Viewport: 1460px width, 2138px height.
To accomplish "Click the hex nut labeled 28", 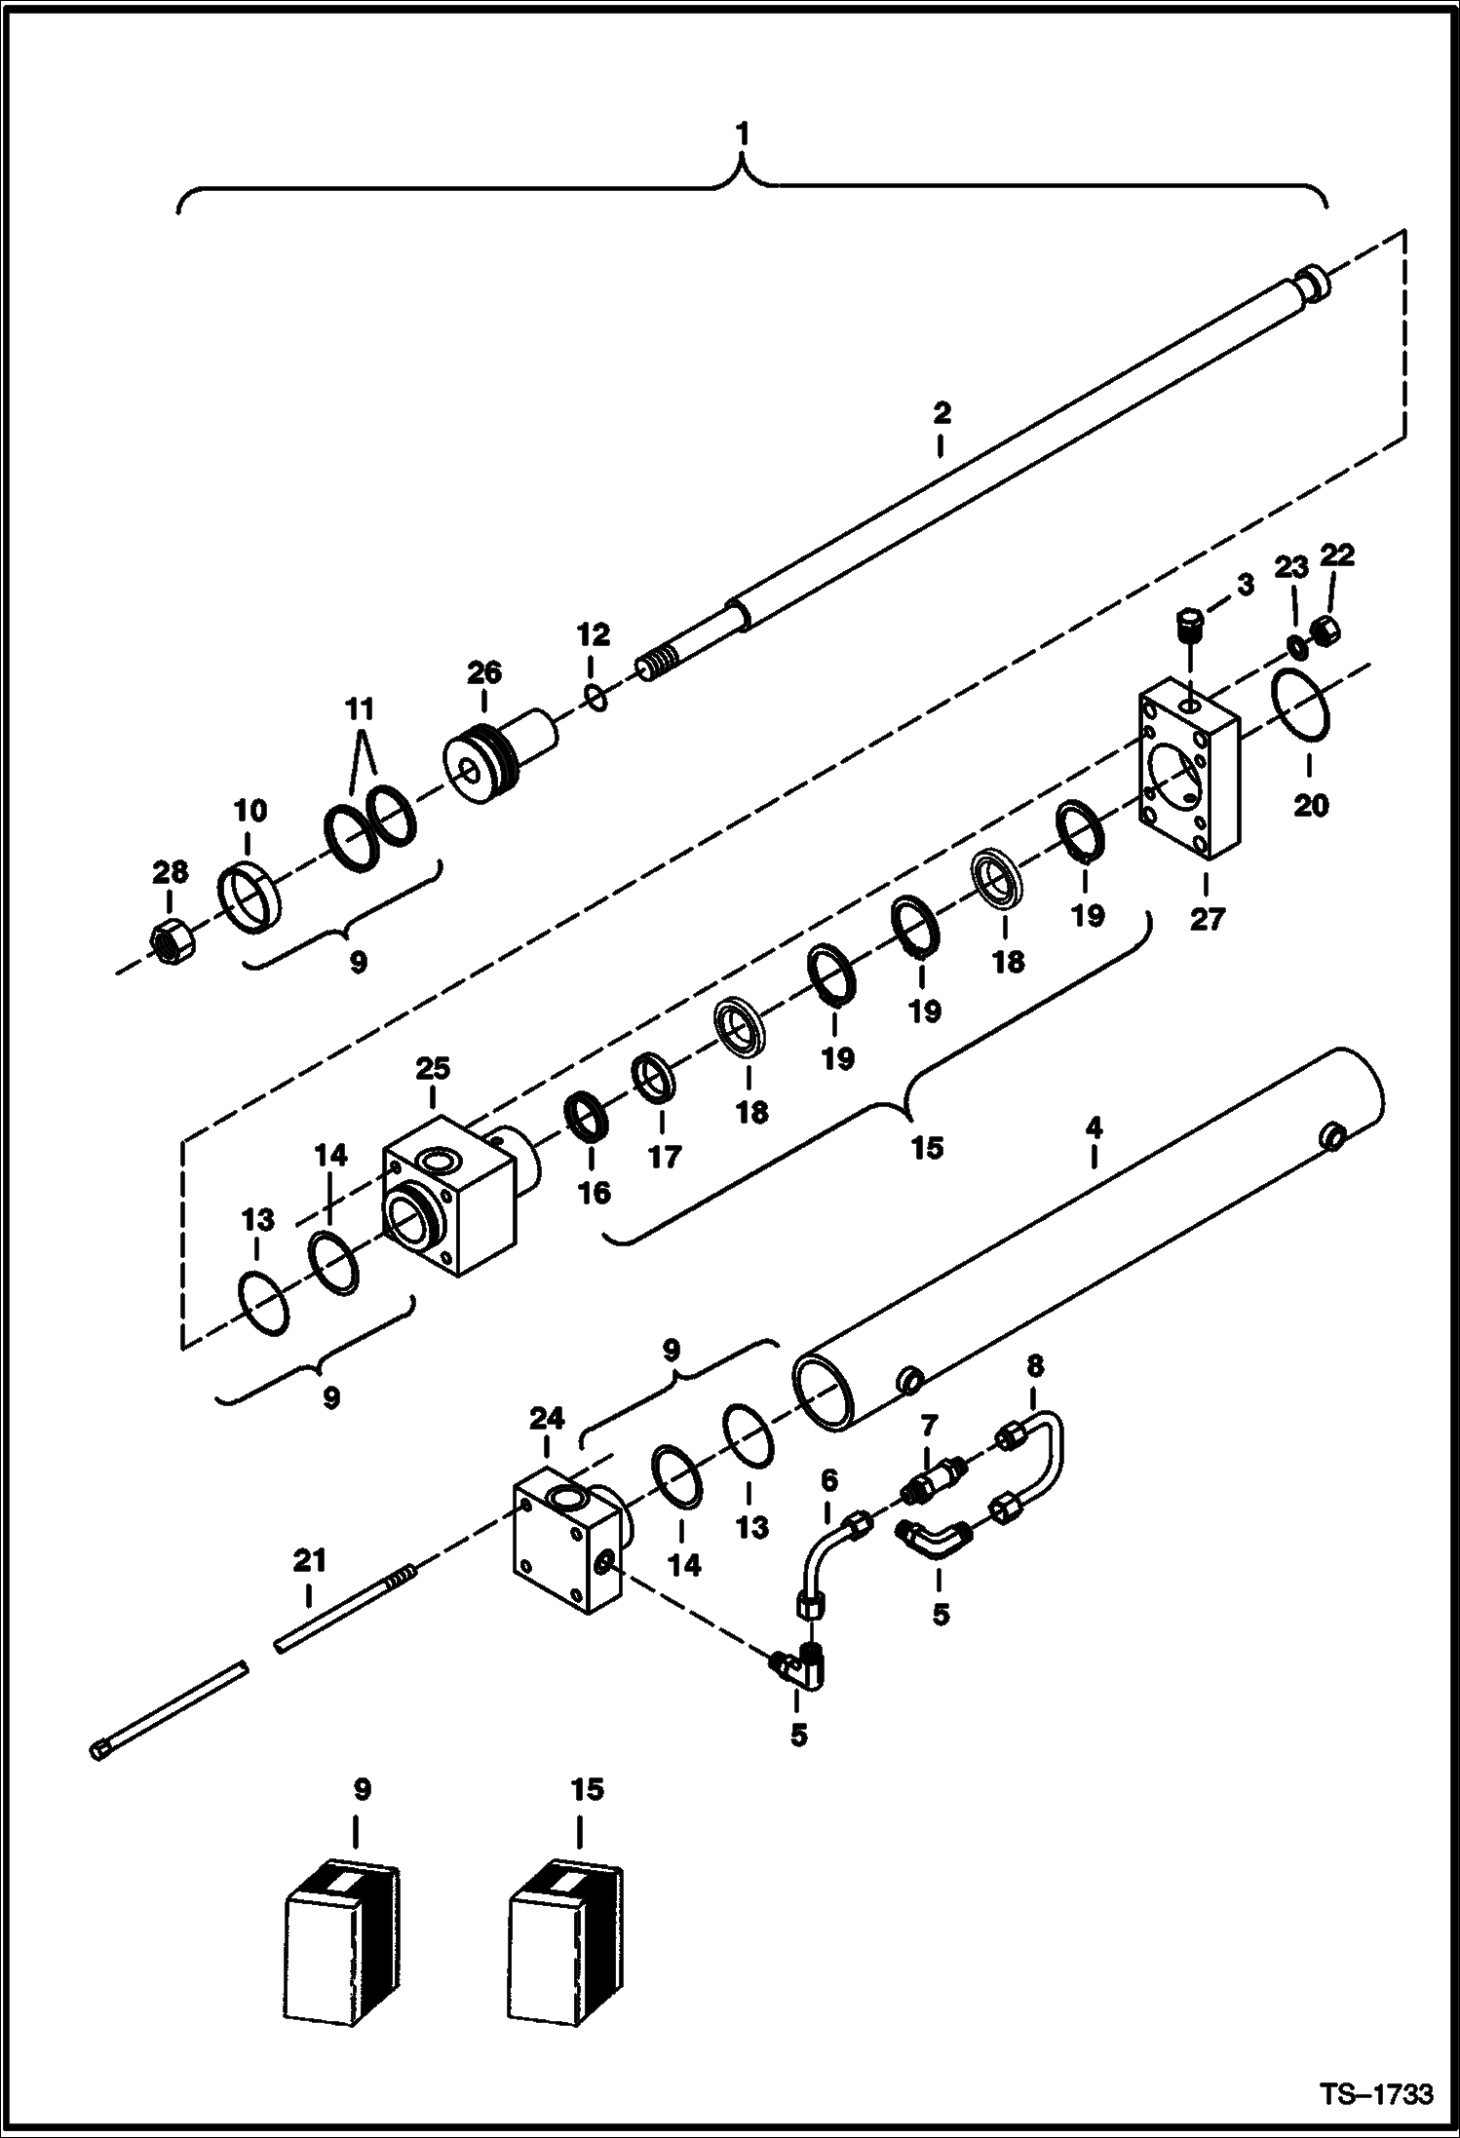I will tap(171, 941).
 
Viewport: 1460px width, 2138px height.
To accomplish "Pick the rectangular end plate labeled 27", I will tap(1188, 775).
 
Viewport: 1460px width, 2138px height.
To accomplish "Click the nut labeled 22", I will tap(1326, 630).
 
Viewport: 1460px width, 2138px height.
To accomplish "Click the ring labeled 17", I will tap(653, 1079).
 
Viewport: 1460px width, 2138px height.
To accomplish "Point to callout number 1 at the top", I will tap(743, 134).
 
